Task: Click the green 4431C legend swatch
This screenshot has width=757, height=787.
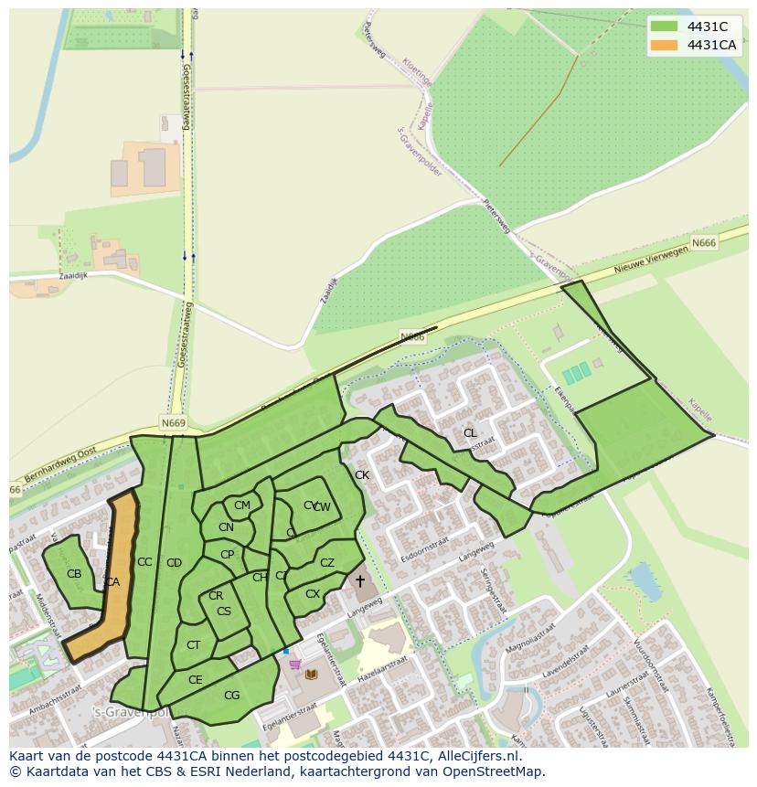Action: pos(665,27)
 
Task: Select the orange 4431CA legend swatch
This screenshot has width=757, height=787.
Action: pos(665,45)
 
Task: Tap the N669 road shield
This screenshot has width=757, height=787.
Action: pos(173,423)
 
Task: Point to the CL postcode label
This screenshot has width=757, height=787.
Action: pos(470,433)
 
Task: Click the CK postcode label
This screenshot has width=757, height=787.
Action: pos(362,475)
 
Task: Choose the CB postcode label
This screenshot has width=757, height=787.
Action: pos(74,574)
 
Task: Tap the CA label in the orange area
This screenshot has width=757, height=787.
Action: pos(112,582)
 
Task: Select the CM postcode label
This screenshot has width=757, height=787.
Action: pos(242,505)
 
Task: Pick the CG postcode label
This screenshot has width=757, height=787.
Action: pos(231,696)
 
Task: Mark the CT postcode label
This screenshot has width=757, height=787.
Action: pos(193,645)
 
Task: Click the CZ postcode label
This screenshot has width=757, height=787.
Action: pos(327,563)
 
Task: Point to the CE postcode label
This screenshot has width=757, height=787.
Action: pos(195,680)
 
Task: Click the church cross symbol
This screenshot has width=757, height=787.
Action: pos(359,581)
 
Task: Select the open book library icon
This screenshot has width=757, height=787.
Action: pos(311,674)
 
